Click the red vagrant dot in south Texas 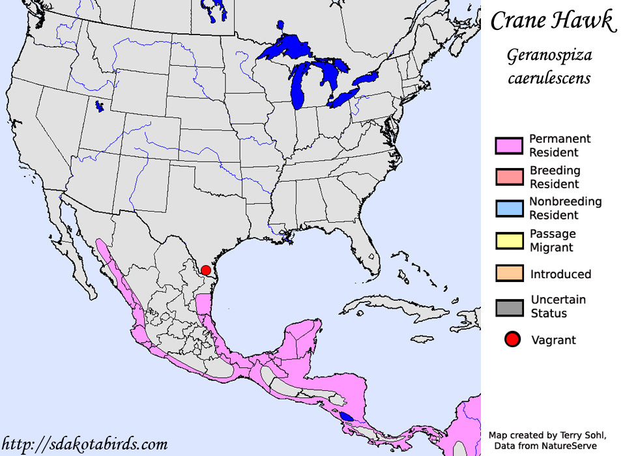coord(206,270)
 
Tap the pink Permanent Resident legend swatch coord(509,146)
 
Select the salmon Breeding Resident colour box coord(509,177)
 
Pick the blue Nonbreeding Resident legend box coord(509,208)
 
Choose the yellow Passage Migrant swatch coord(509,240)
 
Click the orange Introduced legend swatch coord(509,274)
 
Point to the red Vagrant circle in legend coord(513,339)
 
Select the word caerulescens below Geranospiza coord(549,78)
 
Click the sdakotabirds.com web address coord(84,444)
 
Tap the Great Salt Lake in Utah coord(99,106)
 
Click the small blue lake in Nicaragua coord(347,416)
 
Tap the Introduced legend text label coord(560,274)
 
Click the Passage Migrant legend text coord(552,240)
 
